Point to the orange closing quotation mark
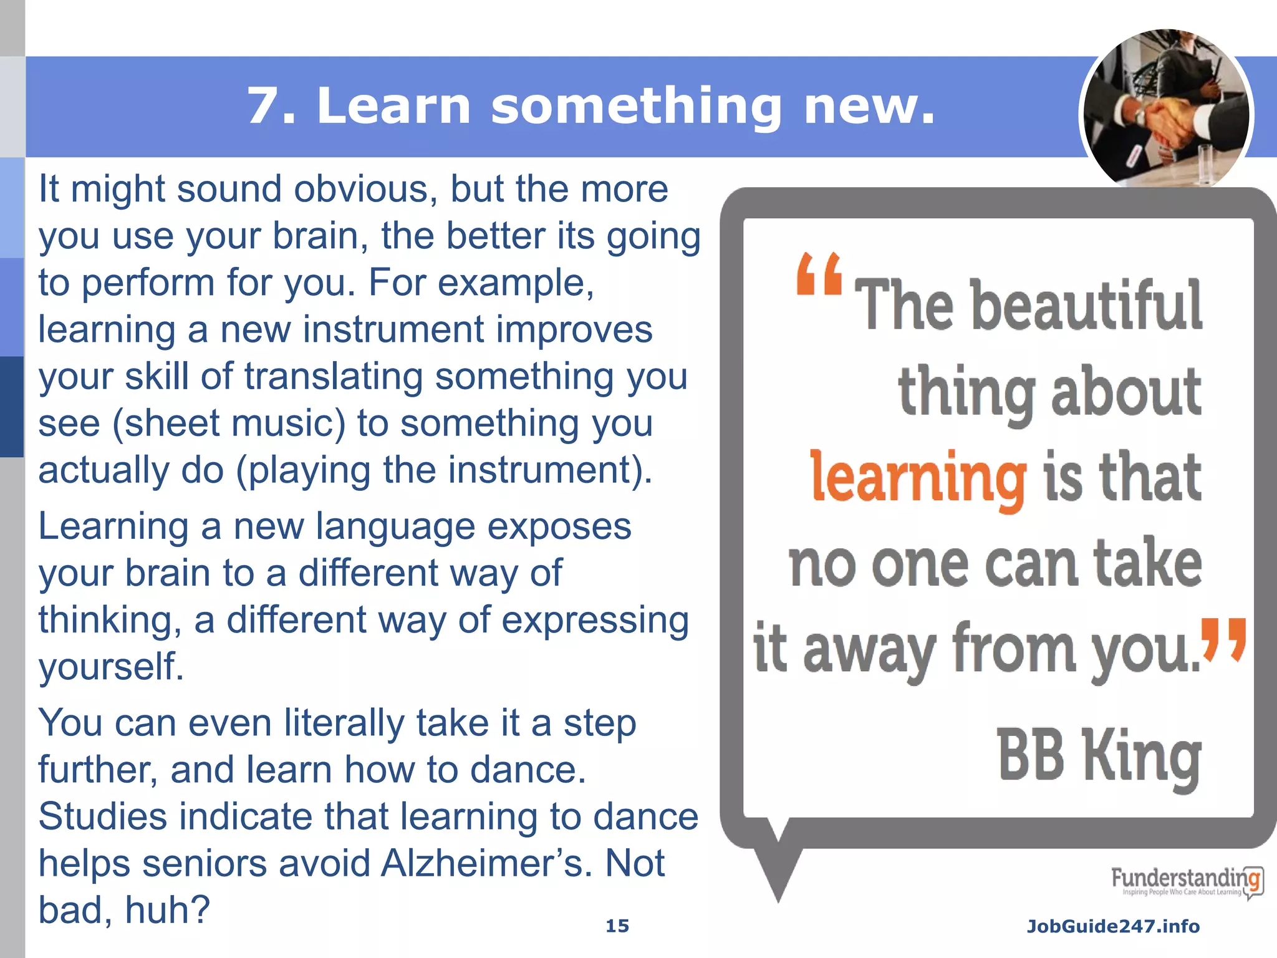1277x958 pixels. pyautogui.click(x=1223, y=639)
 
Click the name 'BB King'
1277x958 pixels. pyautogui.click(x=1099, y=756)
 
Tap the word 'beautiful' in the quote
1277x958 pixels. pyautogui.click(x=1086, y=306)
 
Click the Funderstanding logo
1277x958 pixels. pyautogui.click(x=1187, y=881)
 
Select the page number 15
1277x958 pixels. pyautogui.click(x=617, y=926)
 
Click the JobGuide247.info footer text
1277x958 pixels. pyautogui.click(x=1113, y=926)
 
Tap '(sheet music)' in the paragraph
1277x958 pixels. pyautogui.click(x=229, y=423)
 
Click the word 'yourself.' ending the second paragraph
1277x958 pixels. pyautogui.click(x=111, y=667)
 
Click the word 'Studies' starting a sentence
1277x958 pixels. pyautogui.click(x=103, y=816)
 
